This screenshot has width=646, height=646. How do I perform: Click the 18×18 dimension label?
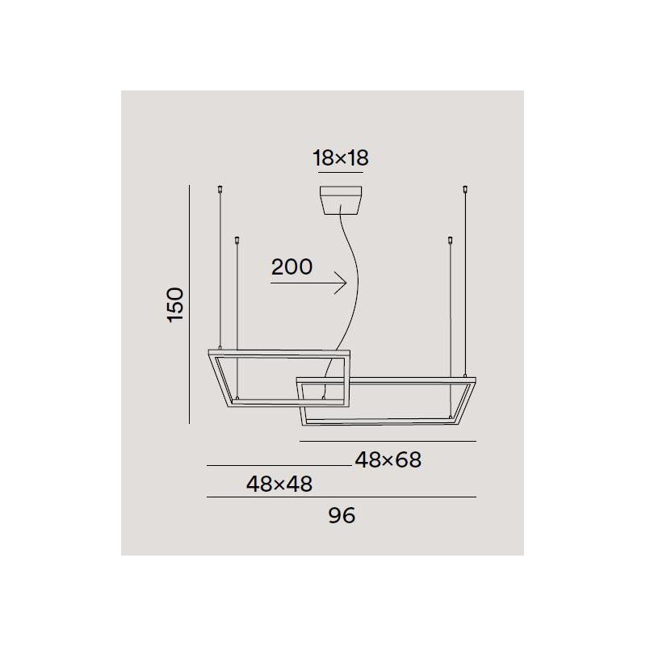(340, 157)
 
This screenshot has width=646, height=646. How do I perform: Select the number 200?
(292, 267)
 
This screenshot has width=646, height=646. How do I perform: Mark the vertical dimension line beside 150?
(189, 304)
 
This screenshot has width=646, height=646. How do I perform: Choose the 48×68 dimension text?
(388, 460)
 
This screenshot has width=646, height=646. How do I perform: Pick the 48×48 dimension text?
(279, 484)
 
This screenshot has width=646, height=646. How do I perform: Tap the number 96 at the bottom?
(342, 515)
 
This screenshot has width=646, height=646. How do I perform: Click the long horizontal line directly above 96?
(342, 497)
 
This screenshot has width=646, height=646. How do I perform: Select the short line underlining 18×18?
(341, 172)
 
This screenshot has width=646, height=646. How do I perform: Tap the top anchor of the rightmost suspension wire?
(464, 191)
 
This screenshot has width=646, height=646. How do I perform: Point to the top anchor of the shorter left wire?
(236, 240)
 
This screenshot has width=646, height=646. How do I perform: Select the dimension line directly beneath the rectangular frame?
(388, 441)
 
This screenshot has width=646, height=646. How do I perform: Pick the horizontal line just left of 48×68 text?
(279, 466)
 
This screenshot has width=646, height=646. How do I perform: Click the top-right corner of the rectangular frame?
(475, 378)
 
